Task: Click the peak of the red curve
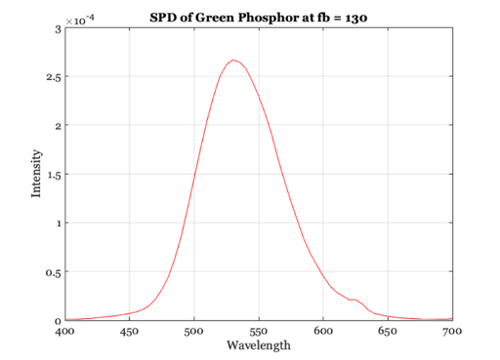233,60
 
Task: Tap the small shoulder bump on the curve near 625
355,300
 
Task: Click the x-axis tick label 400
65,332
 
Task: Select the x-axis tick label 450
130,332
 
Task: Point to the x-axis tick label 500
194,332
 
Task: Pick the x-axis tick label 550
259,332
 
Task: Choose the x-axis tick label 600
323,332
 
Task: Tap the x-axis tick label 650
388,332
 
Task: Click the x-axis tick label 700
452,332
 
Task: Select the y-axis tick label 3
58,30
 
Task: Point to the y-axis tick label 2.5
54,78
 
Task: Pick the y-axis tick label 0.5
54,273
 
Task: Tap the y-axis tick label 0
58,321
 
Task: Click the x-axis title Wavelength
259,345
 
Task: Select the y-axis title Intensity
36,174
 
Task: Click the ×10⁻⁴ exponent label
80,20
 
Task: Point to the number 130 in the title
356,18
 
